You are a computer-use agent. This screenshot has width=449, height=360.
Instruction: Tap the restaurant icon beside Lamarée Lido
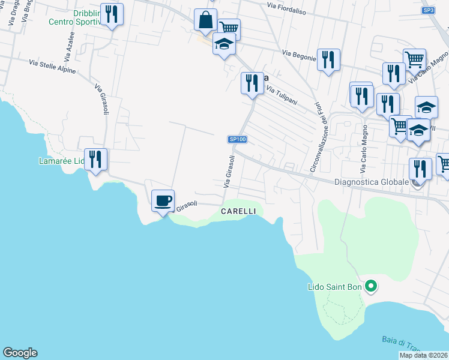95,160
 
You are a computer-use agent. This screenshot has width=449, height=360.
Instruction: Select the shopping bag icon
205,20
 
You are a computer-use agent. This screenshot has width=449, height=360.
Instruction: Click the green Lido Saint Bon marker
371,286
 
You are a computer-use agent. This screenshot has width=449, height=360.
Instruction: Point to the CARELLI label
238,211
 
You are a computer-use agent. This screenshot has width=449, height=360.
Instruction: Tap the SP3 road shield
428,10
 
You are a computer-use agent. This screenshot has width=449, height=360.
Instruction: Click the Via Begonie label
300,55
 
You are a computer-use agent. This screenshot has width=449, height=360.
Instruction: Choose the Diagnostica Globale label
371,181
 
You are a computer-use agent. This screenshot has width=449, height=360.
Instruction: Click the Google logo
20,353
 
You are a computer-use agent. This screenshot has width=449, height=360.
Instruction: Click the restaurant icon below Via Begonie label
328,60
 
